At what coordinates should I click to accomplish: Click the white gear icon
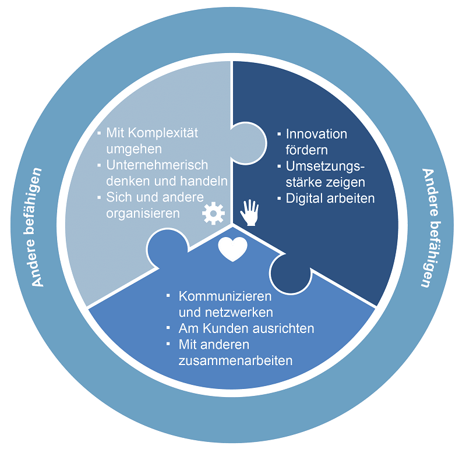[x=213, y=213]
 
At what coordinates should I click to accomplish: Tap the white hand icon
[x=250, y=213]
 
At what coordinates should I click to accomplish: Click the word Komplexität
[x=163, y=133]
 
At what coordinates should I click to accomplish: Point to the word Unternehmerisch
[x=157, y=165]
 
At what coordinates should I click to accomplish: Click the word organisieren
[x=143, y=214]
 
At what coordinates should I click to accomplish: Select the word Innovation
[x=316, y=134]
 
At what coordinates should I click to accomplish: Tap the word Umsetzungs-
[x=326, y=167]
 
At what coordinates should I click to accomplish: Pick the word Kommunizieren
[x=225, y=296]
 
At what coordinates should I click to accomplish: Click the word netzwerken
[x=239, y=313]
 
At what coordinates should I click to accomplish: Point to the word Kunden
[x=224, y=328]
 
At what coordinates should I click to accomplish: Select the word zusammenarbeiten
[x=236, y=360]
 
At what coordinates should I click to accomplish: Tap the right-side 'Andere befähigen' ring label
[x=430, y=228]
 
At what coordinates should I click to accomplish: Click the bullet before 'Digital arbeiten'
[x=279, y=198]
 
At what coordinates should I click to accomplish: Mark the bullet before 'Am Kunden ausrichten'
[x=168, y=328]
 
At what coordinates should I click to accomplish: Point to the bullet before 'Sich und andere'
[x=99, y=197]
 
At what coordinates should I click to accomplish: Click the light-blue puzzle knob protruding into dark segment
[x=249, y=143]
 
